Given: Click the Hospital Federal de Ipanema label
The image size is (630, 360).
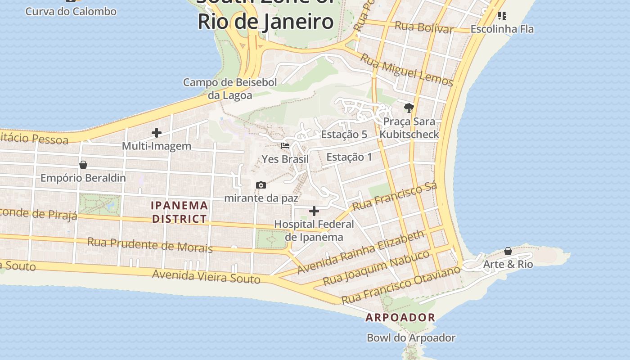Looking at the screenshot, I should click(314, 230).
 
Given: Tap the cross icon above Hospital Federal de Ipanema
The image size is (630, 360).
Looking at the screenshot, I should click(314, 211).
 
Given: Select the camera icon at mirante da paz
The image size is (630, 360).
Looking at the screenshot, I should click(261, 185).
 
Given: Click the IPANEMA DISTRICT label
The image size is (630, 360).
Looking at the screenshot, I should click(180, 212).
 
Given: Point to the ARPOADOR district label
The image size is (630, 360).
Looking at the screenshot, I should click(400, 317).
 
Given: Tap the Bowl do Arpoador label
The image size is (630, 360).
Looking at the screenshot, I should click(411, 337).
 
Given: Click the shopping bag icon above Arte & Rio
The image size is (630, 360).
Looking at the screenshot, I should click(508, 251).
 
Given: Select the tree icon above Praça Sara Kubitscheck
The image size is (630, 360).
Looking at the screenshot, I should click(409, 108).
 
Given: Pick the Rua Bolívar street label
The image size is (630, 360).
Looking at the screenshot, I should click(423, 27).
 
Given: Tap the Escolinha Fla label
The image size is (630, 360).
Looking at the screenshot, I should click(502, 29).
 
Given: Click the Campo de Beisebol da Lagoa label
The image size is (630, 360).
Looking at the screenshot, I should click(230, 89).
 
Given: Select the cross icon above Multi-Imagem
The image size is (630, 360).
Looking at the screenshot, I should click(157, 133).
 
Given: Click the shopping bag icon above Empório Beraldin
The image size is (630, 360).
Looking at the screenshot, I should click(83, 165).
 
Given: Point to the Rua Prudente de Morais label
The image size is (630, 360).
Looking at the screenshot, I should click(150, 245).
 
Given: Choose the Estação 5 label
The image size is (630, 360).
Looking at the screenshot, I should click(344, 135).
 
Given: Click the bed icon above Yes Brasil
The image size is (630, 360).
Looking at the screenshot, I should click(285, 146).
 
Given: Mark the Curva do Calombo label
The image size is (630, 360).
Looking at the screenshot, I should click(71, 11).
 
